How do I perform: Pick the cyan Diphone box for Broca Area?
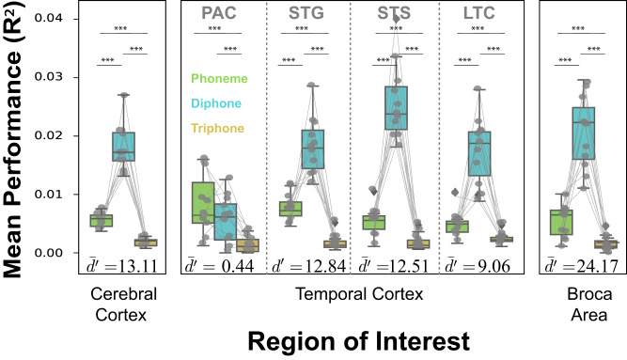tap(584, 133)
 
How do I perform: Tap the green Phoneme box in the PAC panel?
tap(202, 202)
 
